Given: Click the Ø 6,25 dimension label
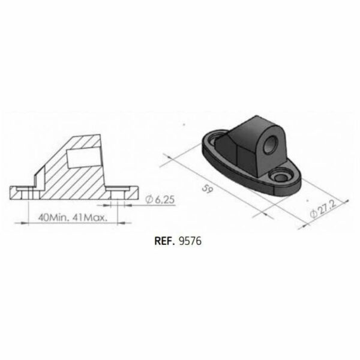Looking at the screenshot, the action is pos(160,200).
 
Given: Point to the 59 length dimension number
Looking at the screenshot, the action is pos(208,189).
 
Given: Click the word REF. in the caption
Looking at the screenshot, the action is pos(164,241).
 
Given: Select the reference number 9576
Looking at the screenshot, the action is pos(190,241).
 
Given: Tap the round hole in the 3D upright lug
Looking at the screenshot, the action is pos(271,144).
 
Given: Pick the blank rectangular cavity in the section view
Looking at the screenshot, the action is pos(84,158).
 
